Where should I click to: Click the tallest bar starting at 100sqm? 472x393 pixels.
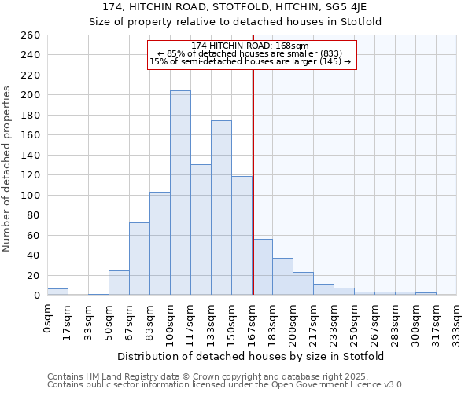[x=180, y=193]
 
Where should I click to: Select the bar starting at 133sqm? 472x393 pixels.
[x=221, y=208]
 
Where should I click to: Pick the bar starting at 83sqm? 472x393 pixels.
[x=160, y=243]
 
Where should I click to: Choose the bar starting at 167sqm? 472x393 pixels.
[x=263, y=267]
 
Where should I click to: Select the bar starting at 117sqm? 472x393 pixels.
[x=201, y=230]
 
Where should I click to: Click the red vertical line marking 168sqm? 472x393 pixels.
[x=253, y=181]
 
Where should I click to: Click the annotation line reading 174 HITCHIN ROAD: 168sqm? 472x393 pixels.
[x=250, y=46]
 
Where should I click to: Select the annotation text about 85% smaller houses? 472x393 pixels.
[x=249, y=53]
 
